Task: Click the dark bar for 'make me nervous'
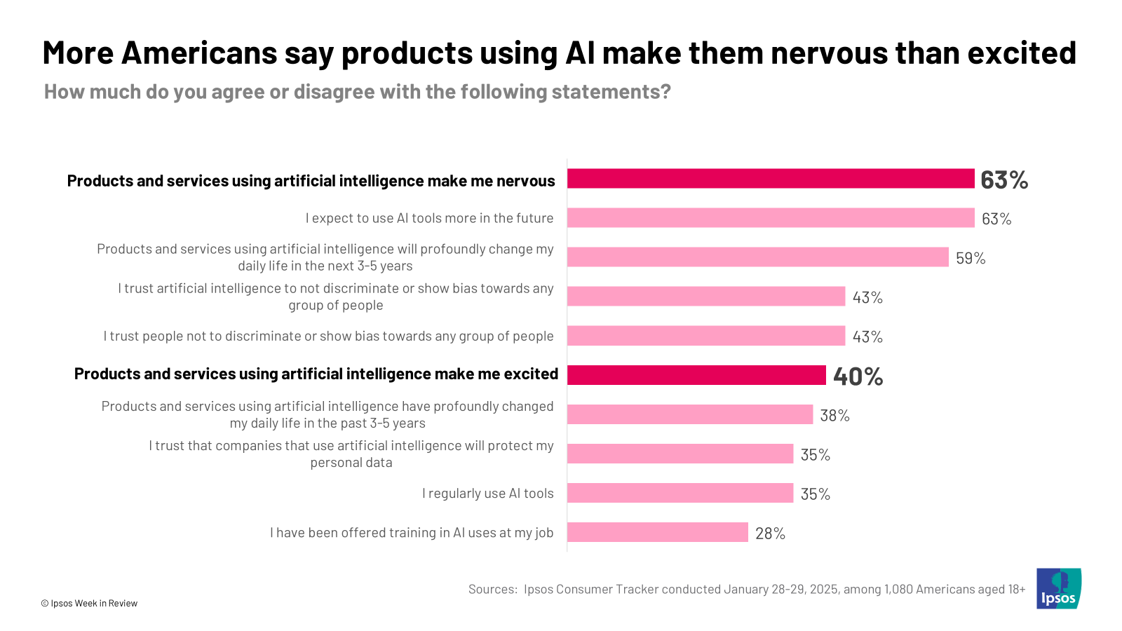point(770,179)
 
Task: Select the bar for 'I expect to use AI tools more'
point(770,218)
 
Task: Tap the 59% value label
point(971,258)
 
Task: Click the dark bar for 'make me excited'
point(696,375)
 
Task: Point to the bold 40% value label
point(858,376)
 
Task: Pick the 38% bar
point(689,414)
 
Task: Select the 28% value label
point(770,534)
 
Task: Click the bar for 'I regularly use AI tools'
point(680,493)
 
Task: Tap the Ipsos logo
point(1058,588)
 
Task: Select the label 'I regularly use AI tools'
point(487,494)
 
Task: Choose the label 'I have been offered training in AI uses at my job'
point(412,533)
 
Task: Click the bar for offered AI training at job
point(657,532)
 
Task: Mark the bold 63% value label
point(1004,180)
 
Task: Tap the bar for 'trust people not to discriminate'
point(705,336)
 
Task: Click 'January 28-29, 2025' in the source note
point(780,589)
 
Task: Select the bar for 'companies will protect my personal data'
point(680,454)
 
